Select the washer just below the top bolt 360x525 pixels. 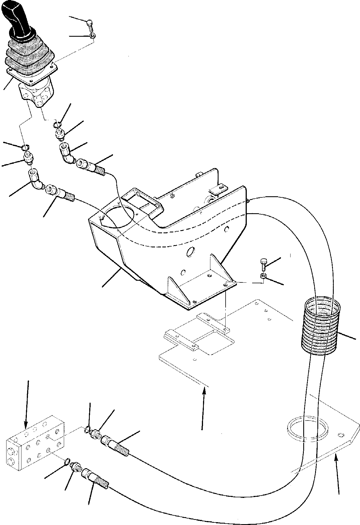click(92, 36)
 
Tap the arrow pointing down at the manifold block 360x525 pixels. click(27, 401)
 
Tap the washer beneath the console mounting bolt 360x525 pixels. click(262, 275)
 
